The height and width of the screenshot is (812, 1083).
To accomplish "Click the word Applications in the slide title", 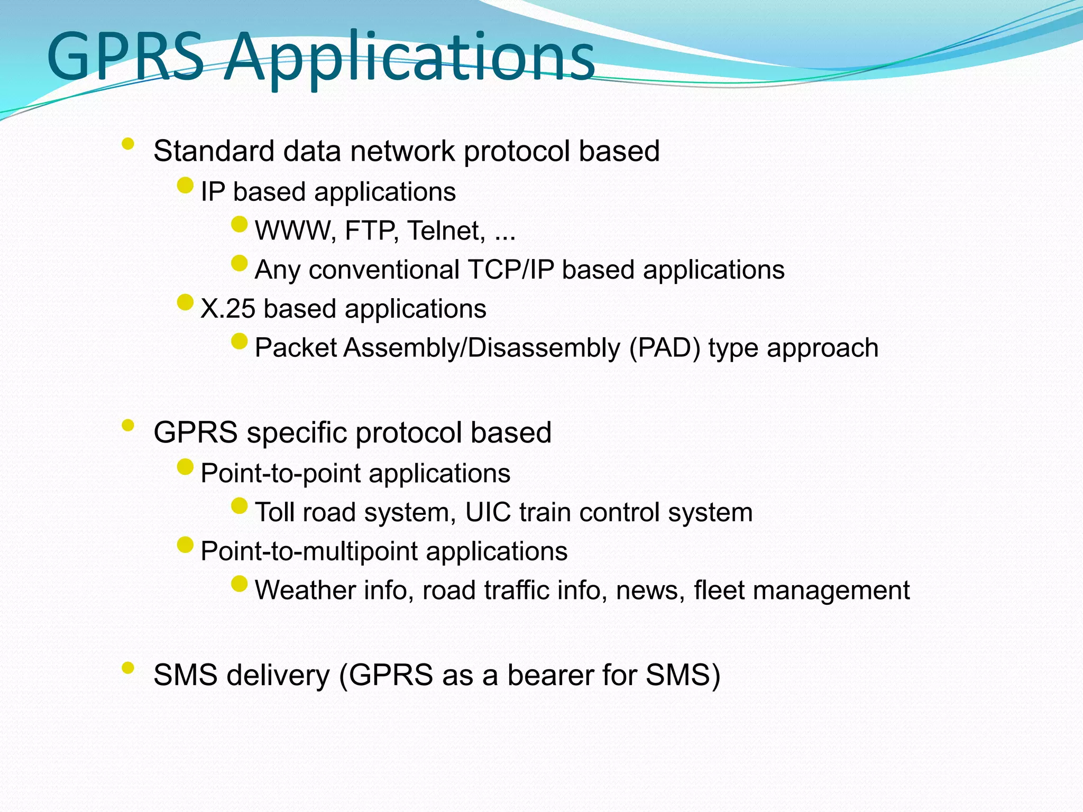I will tap(410, 57).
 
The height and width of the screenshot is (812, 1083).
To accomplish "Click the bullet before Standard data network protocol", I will tap(127, 144).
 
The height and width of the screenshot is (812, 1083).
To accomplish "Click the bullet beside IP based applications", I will tap(185, 186).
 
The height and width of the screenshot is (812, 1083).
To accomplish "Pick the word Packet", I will tap(296, 348).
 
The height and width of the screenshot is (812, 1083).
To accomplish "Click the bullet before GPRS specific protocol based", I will tap(127, 426).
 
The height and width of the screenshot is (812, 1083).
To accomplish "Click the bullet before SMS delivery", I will tap(127, 668).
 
